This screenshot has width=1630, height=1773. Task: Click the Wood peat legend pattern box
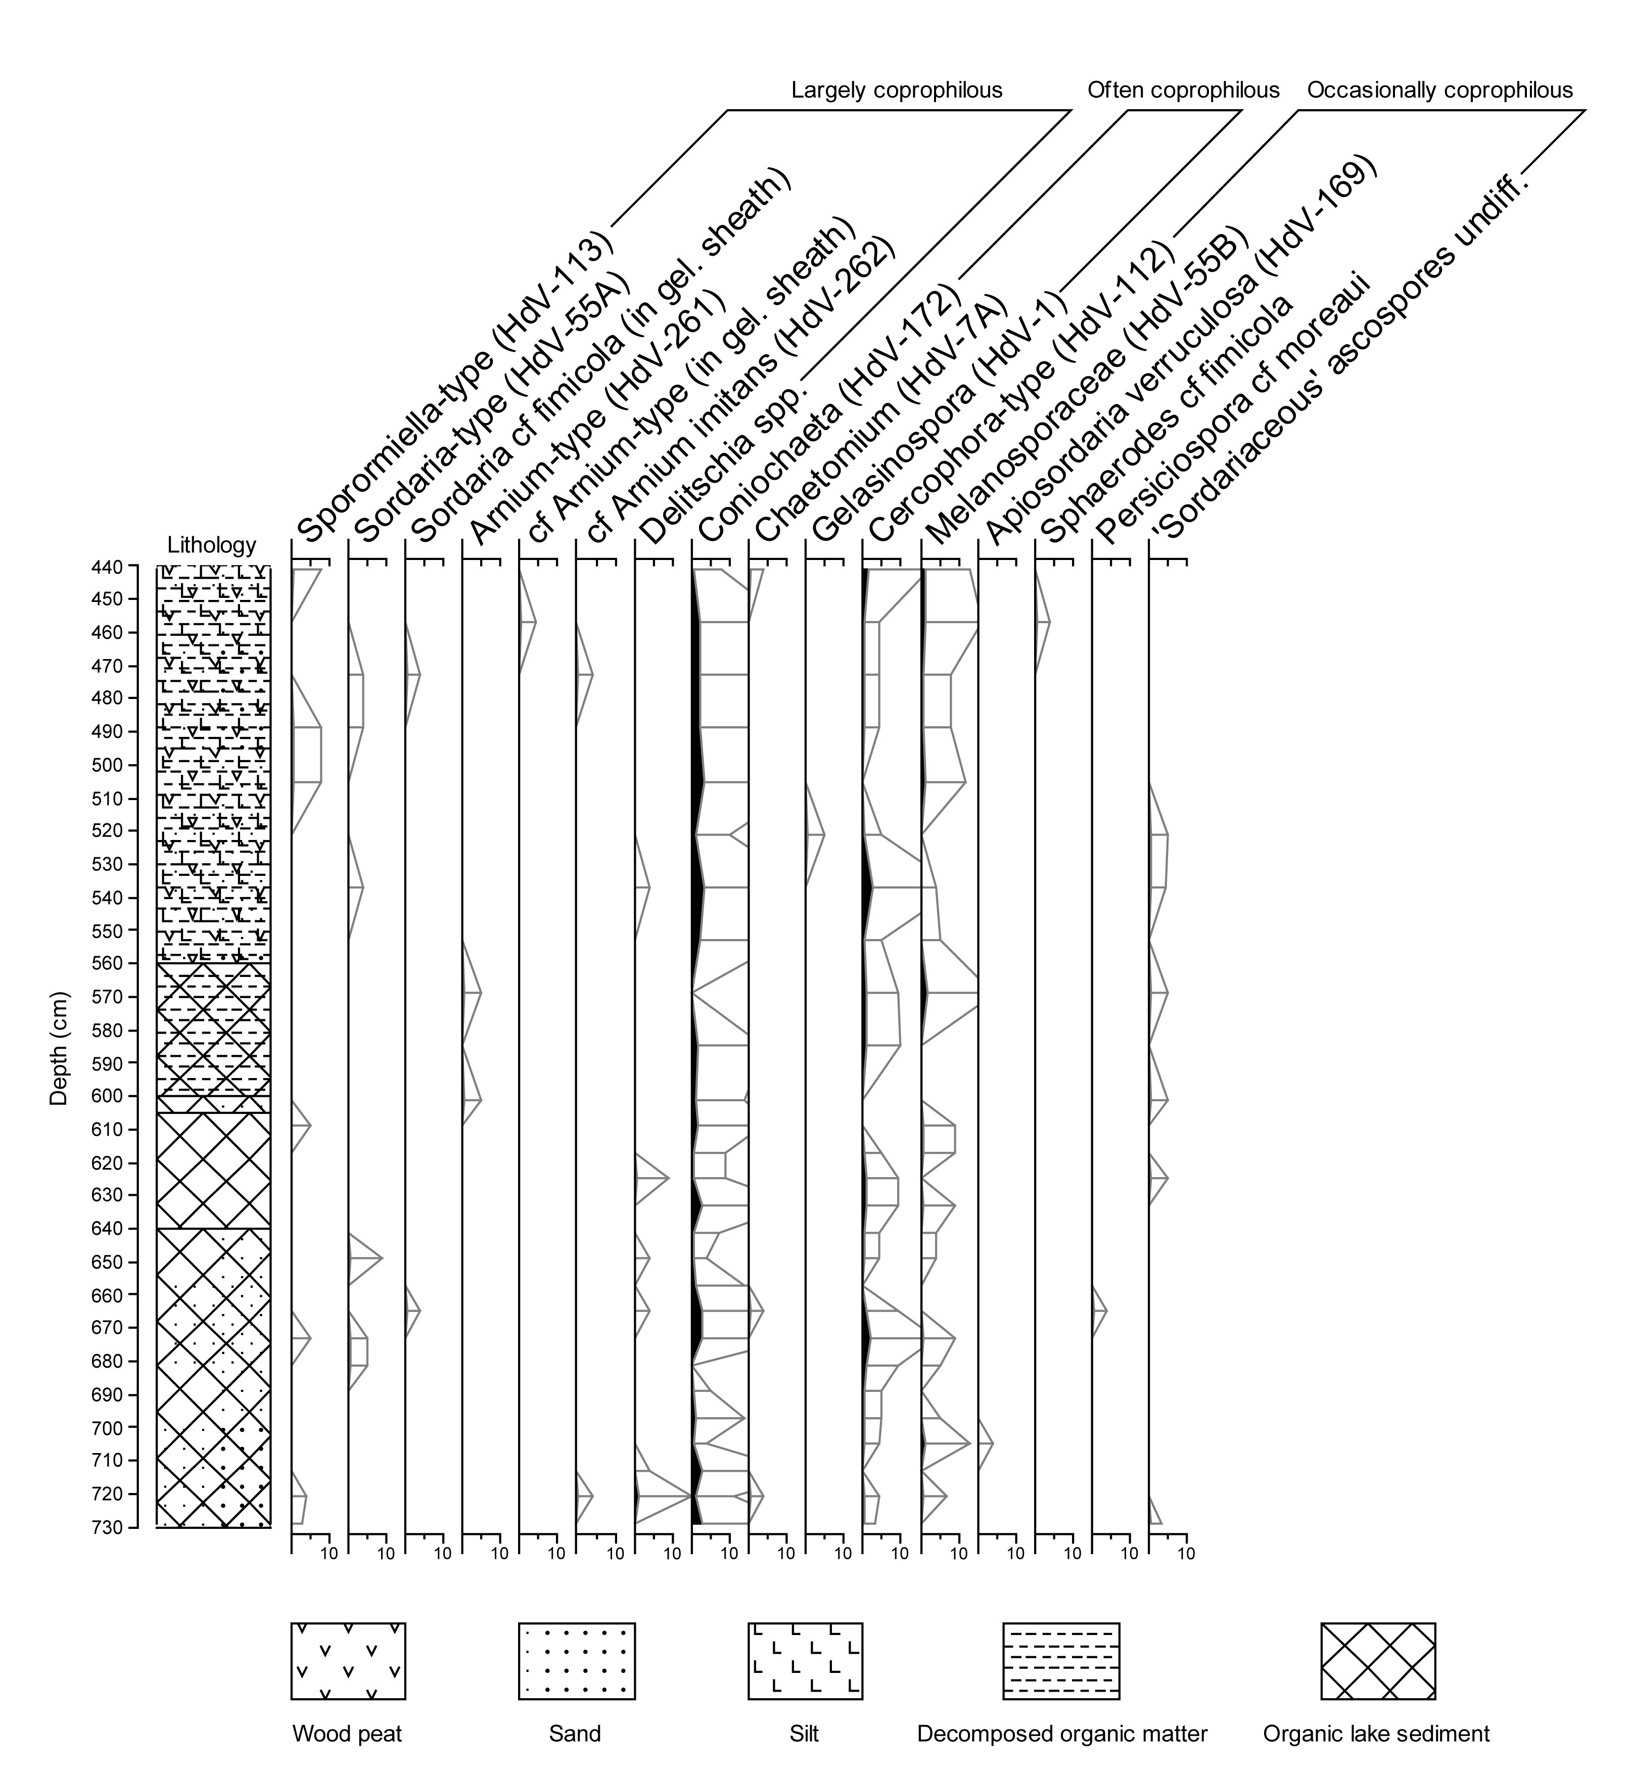point(348,1661)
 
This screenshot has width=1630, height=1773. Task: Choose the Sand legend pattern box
point(577,1661)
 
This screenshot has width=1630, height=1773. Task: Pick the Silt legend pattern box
point(805,1661)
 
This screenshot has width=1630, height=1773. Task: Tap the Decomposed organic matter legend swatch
point(1061,1661)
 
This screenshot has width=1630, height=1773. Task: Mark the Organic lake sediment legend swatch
point(1378,1661)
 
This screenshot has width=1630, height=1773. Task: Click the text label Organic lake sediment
point(1376,1734)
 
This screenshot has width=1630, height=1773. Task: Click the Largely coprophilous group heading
point(896,90)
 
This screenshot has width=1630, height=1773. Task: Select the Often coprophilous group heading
point(1183,90)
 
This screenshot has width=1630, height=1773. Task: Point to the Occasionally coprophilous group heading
point(1439,90)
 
